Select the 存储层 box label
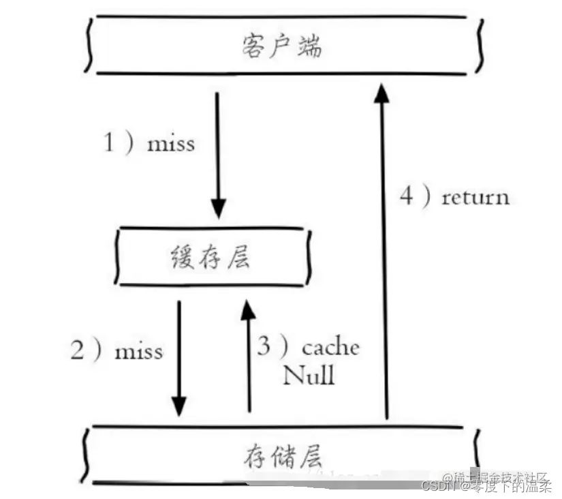(x=281, y=455)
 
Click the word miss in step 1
(x=170, y=144)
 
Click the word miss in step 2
(x=138, y=351)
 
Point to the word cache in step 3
(x=330, y=347)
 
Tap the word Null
(x=309, y=374)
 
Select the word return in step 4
(x=475, y=198)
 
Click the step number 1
(x=108, y=143)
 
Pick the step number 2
(x=78, y=350)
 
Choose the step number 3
(x=264, y=346)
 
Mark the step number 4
(x=406, y=197)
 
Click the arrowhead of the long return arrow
(x=382, y=93)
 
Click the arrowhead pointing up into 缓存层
(x=249, y=311)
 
